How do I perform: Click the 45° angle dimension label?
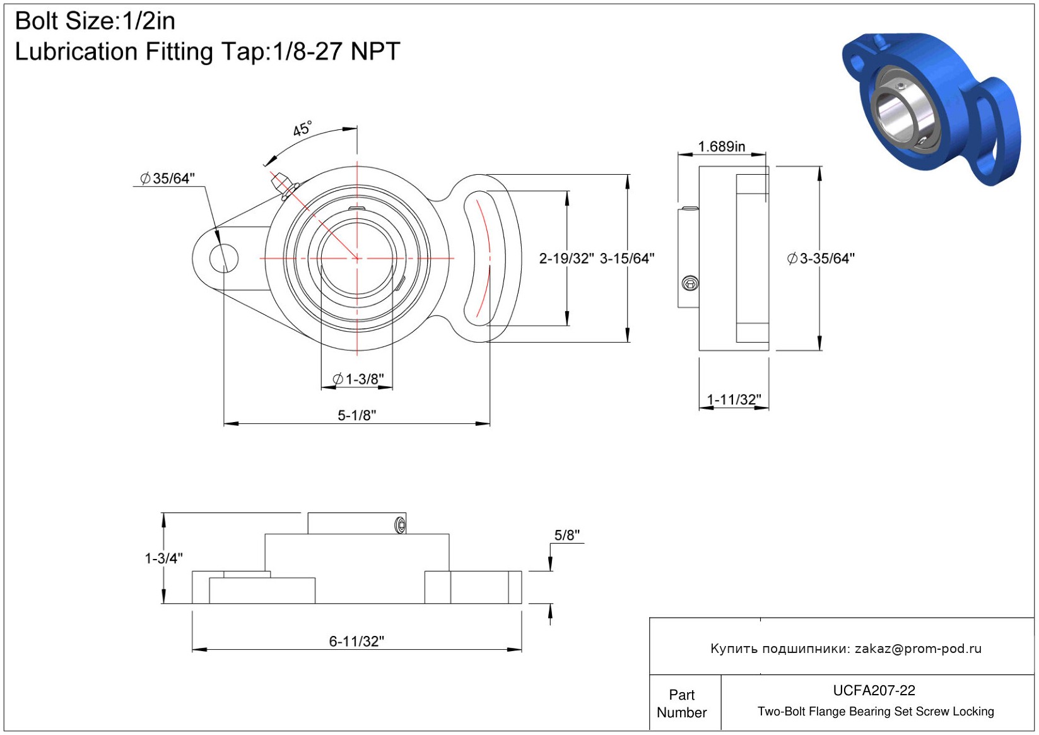(x=302, y=129)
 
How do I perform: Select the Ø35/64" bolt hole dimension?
(x=167, y=179)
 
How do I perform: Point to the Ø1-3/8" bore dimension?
(x=358, y=379)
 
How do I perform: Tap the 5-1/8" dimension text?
(x=356, y=415)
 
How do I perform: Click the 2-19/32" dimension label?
(x=566, y=258)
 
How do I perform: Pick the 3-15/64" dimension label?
(x=626, y=258)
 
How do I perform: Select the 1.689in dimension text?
(x=721, y=146)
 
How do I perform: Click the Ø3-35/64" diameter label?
(x=821, y=258)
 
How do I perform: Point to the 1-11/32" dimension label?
(x=734, y=399)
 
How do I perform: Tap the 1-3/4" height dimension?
(x=163, y=558)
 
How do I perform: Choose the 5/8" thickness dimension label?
(x=566, y=535)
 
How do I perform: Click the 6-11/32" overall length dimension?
(x=356, y=641)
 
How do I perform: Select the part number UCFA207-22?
(x=874, y=690)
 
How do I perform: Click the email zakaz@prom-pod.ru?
(x=918, y=649)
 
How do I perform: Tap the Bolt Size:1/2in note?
(x=95, y=21)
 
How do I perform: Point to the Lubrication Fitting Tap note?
(x=208, y=52)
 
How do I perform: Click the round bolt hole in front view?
(x=223, y=258)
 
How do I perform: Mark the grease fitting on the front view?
(x=281, y=184)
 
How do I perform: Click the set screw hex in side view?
(x=691, y=284)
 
